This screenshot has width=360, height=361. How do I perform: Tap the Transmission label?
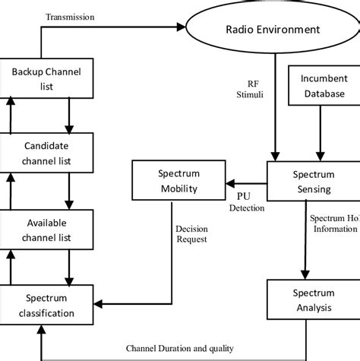71,17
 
